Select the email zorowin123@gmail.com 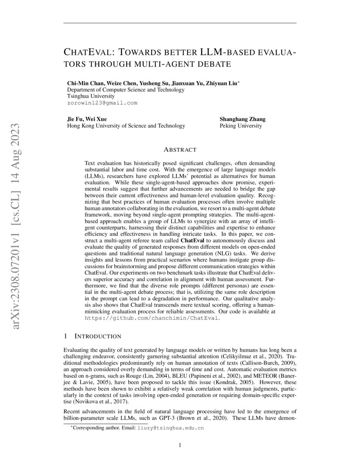[x=102, y=103]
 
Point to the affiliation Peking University [x=241, y=126]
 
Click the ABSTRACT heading [x=180, y=150]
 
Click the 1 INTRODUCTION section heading [x=92, y=336]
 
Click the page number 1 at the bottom [x=180, y=445]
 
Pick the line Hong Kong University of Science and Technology [x=126, y=126]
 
